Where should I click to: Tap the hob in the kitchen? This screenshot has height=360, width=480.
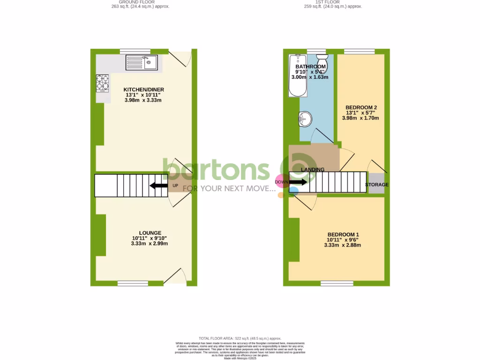click(103, 84)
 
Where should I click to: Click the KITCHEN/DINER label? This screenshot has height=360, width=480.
click(143, 90)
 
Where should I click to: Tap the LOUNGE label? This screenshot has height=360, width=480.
click(150, 233)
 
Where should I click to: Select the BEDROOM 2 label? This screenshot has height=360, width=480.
click(361, 107)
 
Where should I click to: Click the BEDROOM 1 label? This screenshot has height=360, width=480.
click(343, 235)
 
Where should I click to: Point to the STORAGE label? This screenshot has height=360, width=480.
click(377, 185)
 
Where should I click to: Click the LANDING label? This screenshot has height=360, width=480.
click(313, 170)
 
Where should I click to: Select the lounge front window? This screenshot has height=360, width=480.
click(132, 283)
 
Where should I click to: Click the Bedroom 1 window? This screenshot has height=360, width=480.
click(333, 283)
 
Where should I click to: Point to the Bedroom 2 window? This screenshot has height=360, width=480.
click(359, 51)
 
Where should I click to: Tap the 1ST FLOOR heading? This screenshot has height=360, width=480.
click(333, 2)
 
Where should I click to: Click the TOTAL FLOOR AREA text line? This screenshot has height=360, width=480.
click(240, 338)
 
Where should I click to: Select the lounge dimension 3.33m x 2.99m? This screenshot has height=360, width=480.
click(150, 244)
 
